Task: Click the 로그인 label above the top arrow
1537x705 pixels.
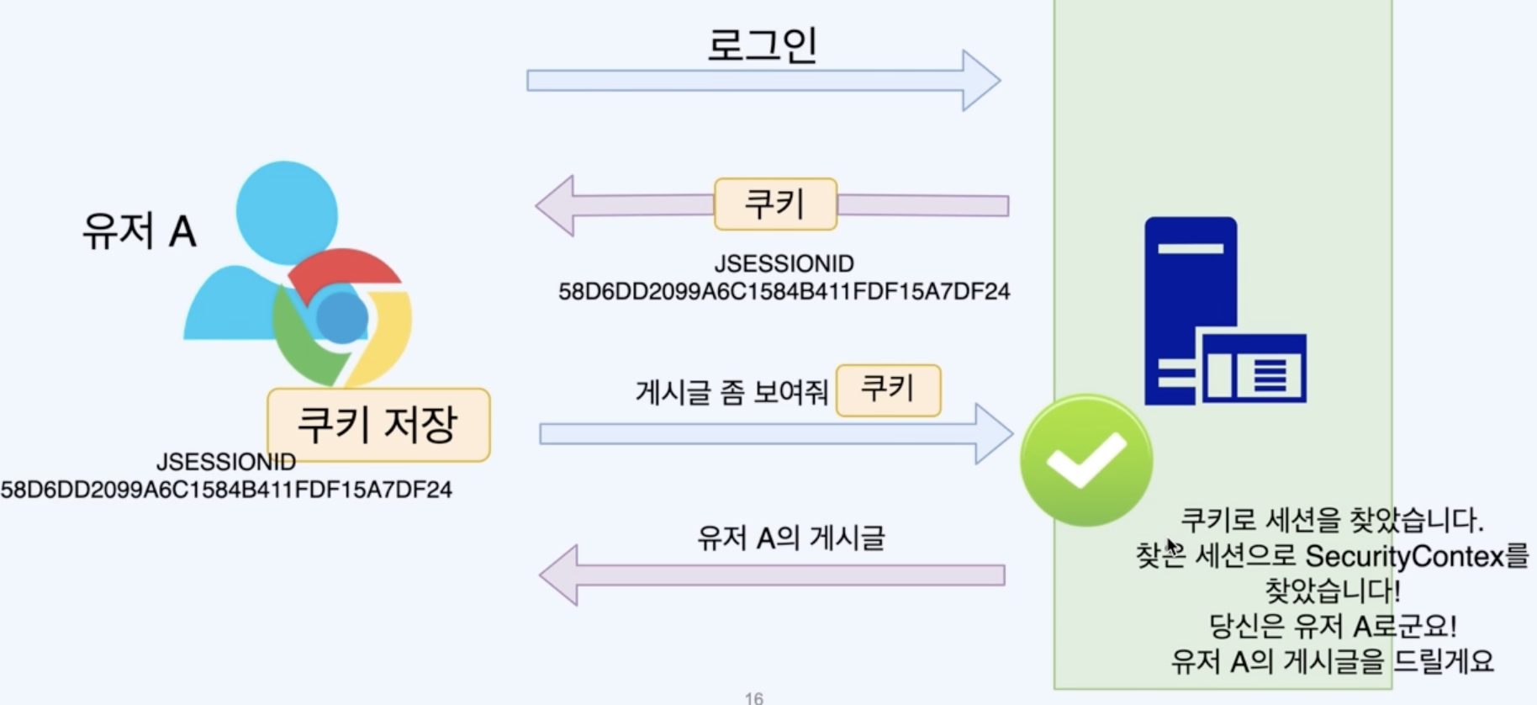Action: [x=762, y=45]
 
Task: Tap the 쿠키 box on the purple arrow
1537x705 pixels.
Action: [x=775, y=204]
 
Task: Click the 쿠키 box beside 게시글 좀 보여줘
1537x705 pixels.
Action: [x=888, y=390]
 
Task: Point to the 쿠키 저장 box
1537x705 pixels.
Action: [x=378, y=424]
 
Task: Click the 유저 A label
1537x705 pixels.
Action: [x=140, y=231]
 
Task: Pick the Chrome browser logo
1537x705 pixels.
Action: [x=342, y=317]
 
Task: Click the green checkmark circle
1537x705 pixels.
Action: [x=1085, y=460]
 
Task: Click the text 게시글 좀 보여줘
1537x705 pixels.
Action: [x=732, y=392]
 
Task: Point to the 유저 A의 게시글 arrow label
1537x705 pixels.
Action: [x=790, y=538]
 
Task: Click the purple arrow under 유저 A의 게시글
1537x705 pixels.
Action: [x=772, y=575]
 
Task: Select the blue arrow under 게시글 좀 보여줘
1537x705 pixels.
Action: [x=775, y=434]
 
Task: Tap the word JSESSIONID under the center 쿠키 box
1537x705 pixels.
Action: [x=784, y=264]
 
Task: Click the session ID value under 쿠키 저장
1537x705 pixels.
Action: [x=226, y=490]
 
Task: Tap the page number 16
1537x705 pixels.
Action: [x=754, y=697]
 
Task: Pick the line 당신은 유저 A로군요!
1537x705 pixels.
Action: [x=1332, y=626]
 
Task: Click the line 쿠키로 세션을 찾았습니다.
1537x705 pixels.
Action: [x=1332, y=520]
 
